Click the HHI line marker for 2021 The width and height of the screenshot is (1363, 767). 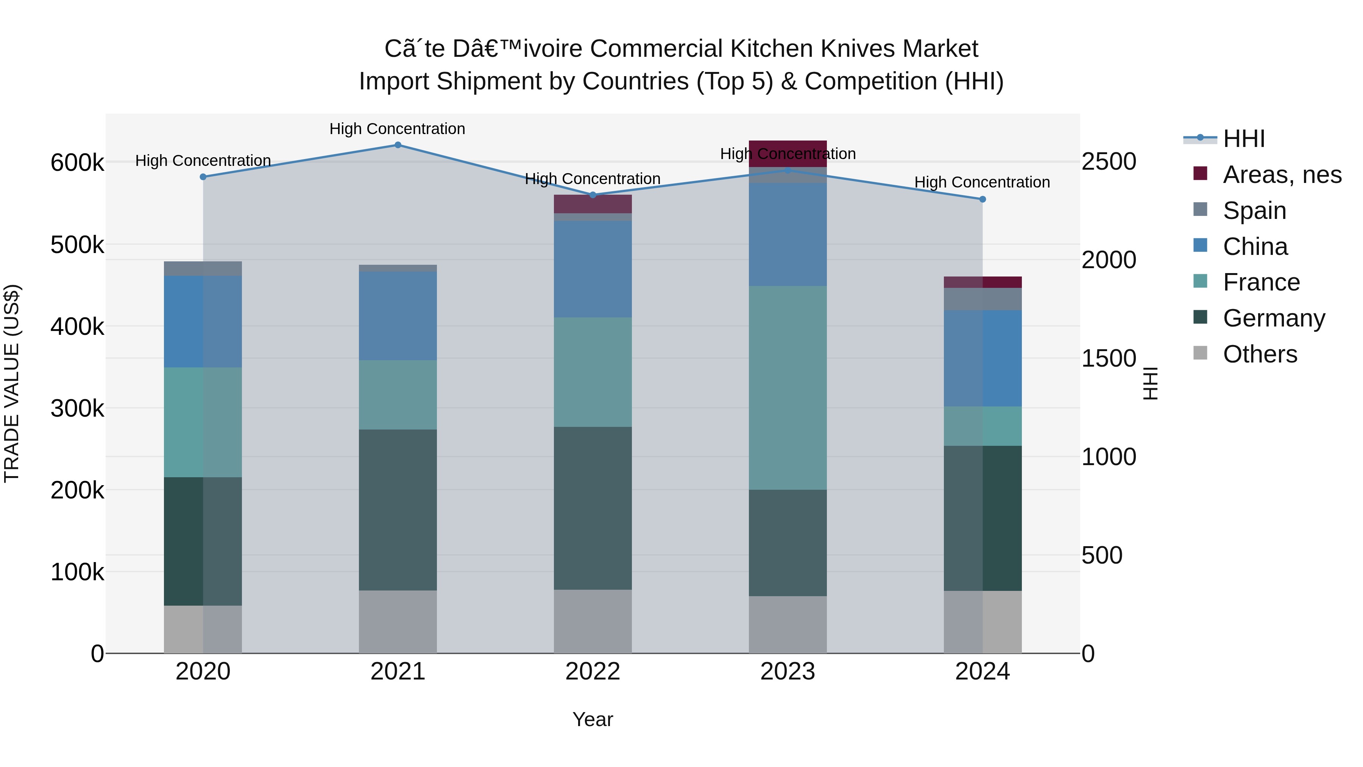(398, 145)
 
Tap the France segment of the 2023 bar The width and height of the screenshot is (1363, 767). (788, 387)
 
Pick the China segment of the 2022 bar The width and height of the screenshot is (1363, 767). (593, 269)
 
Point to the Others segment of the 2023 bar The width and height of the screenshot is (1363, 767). (788, 625)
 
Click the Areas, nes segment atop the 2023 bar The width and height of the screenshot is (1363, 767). (788, 148)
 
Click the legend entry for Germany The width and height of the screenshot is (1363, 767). (1274, 318)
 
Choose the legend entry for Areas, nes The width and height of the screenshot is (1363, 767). (1282, 175)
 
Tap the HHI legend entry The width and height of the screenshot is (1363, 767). (1243, 139)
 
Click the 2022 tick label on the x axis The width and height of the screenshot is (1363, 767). (593, 672)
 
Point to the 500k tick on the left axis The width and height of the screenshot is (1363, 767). (77, 245)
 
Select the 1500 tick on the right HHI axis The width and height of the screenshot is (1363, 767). (1109, 358)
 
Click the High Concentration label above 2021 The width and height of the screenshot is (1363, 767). (398, 129)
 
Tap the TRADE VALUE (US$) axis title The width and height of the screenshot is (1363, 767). (12, 383)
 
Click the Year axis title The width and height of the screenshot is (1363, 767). (593, 719)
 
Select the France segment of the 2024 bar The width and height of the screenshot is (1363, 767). (982, 426)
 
